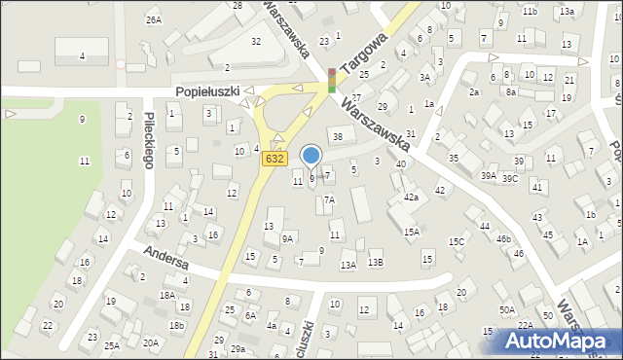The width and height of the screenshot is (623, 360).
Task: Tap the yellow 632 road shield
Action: pyautogui.click(x=275, y=159)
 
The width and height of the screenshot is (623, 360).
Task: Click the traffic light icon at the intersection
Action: pyautogui.click(x=332, y=80)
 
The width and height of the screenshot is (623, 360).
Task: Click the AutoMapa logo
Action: pyautogui.click(x=562, y=342)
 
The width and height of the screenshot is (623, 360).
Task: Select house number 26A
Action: pyautogui.click(x=153, y=19)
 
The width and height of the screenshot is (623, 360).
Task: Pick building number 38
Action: pyautogui.click(x=338, y=135)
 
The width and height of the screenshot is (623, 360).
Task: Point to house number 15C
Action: pyautogui.click(x=456, y=241)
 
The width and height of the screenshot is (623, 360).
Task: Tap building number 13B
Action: pyautogui.click(x=375, y=264)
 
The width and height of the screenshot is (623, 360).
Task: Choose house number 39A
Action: pyautogui.click(x=488, y=176)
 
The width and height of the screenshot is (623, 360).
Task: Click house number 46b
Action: pyautogui.click(x=503, y=238)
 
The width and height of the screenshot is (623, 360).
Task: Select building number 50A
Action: pyautogui.click(x=507, y=309)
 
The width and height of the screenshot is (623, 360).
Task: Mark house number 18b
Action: pyautogui.click(x=176, y=325)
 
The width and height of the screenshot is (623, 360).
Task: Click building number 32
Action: pyautogui.click(x=256, y=41)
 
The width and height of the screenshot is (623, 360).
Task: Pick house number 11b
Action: pyautogui.click(x=530, y=11)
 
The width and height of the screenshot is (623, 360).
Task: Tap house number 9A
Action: pyautogui.click(x=287, y=238)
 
